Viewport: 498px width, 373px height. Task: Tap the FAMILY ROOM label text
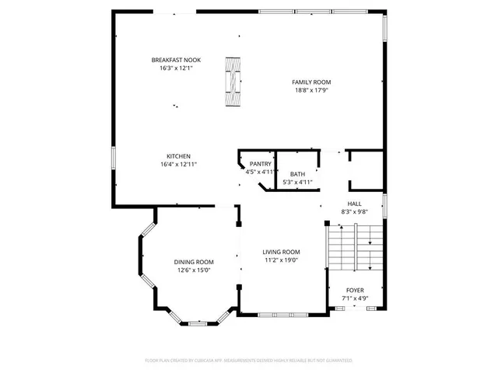(x=311, y=82)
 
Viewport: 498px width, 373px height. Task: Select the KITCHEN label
(x=178, y=156)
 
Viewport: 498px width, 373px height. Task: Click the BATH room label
(x=297, y=174)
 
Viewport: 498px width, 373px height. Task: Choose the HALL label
(x=354, y=204)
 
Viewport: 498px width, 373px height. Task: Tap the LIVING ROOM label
(x=281, y=252)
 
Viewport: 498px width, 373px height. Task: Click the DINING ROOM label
(x=194, y=262)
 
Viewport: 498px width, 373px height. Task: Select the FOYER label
(x=355, y=290)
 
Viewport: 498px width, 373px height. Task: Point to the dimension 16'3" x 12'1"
(x=172, y=68)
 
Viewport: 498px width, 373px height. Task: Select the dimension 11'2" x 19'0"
(x=281, y=260)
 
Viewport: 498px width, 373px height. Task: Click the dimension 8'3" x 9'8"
(x=354, y=211)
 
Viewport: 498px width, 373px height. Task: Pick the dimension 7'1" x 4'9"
(x=355, y=298)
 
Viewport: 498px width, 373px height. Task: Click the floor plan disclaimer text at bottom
(x=249, y=361)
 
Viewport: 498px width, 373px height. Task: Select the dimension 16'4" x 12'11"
(x=178, y=164)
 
